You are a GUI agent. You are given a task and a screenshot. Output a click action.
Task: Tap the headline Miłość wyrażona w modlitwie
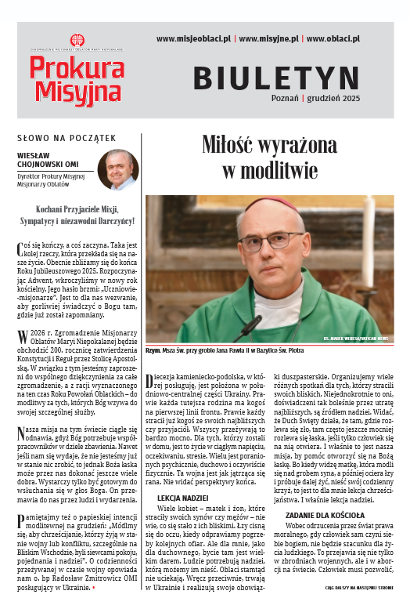coord(268,156)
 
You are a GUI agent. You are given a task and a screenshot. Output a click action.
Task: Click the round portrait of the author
coord(117,170)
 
